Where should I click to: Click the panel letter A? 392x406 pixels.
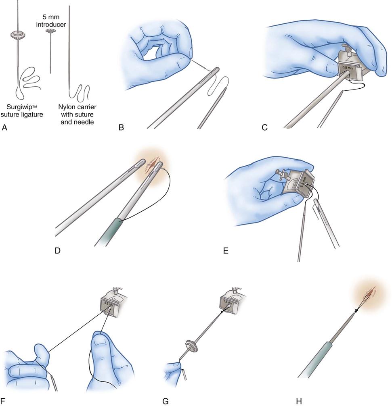point(4,127)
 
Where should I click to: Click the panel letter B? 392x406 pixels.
point(121,127)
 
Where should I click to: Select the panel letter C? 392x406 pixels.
point(265,127)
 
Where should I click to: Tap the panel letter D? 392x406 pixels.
point(58,250)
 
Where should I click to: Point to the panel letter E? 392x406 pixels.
point(226,250)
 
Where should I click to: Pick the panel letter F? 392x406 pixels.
point(3,401)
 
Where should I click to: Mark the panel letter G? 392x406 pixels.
point(166,401)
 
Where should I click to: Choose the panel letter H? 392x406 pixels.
point(299,401)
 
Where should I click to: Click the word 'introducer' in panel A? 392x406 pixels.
point(51,25)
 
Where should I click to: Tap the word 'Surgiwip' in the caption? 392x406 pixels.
point(19,107)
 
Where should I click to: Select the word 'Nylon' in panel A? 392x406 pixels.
point(66,107)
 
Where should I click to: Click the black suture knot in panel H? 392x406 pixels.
point(357,310)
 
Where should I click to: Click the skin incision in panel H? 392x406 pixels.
point(370,293)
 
